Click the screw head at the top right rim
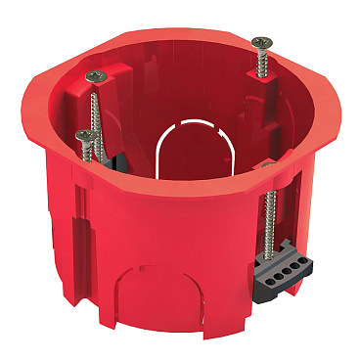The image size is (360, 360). [261, 43]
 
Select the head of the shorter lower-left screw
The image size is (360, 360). [82, 134]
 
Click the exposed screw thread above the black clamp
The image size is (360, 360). [267, 215]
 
